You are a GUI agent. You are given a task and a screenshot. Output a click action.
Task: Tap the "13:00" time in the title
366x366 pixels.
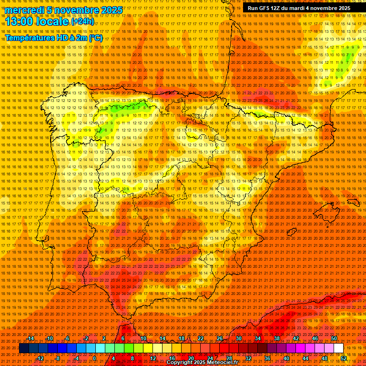click(x=20, y=22)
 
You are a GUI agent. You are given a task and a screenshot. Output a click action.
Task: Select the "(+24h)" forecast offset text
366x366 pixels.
click(x=82, y=21)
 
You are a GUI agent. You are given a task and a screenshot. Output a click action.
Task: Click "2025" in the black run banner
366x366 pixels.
click(x=342, y=8)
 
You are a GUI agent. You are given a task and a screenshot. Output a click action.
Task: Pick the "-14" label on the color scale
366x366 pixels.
click(x=30, y=338)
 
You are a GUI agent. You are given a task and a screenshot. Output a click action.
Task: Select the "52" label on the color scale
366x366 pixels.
click(x=344, y=358)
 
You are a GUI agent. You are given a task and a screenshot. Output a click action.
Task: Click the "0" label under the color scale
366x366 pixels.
click(x=94, y=358)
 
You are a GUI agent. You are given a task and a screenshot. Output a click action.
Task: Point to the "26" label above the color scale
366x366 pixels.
click(x=220, y=338)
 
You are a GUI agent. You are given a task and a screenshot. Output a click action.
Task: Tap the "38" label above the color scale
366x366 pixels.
click(x=277, y=338)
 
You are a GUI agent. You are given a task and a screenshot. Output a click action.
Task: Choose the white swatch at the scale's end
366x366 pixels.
click(x=339, y=348)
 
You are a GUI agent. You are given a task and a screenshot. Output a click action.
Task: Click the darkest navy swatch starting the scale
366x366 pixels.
click(x=24, y=348)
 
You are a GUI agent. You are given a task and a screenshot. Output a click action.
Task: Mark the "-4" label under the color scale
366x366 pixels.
click(x=76, y=358)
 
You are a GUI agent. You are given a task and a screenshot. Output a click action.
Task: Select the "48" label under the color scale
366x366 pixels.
click(x=325, y=358)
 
